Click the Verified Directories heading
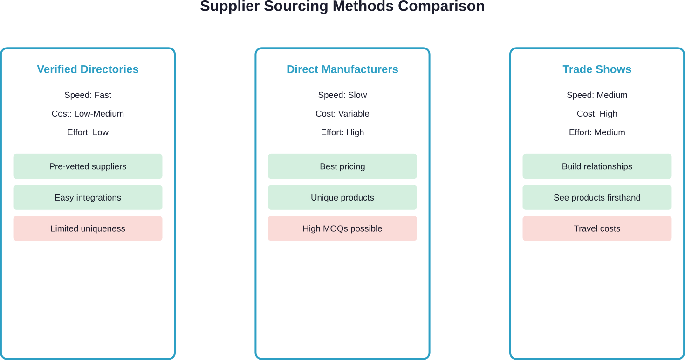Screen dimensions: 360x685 (x=88, y=69)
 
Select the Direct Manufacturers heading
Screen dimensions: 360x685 (x=342, y=69)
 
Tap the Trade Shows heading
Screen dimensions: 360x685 (x=597, y=69)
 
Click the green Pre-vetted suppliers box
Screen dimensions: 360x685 (x=88, y=166)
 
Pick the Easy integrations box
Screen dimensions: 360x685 (x=88, y=198)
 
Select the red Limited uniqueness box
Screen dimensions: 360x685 (x=88, y=228)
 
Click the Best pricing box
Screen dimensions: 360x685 (x=342, y=166)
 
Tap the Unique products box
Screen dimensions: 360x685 (x=342, y=198)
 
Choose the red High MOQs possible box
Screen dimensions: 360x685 (x=342, y=228)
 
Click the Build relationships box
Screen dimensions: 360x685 (x=597, y=166)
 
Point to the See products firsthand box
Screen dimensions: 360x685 (x=597, y=198)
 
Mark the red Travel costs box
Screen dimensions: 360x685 (x=597, y=228)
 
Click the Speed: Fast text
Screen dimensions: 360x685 (x=88, y=95)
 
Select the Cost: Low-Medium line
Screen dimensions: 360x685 (x=88, y=114)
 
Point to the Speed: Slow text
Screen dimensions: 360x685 (x=342, y=95)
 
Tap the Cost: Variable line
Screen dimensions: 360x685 (x=342, y=114)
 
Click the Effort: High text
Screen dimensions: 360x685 (x=342, y=132)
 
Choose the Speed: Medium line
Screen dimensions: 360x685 (x=597, y=95)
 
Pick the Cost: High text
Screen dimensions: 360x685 (x=597, y=114)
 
